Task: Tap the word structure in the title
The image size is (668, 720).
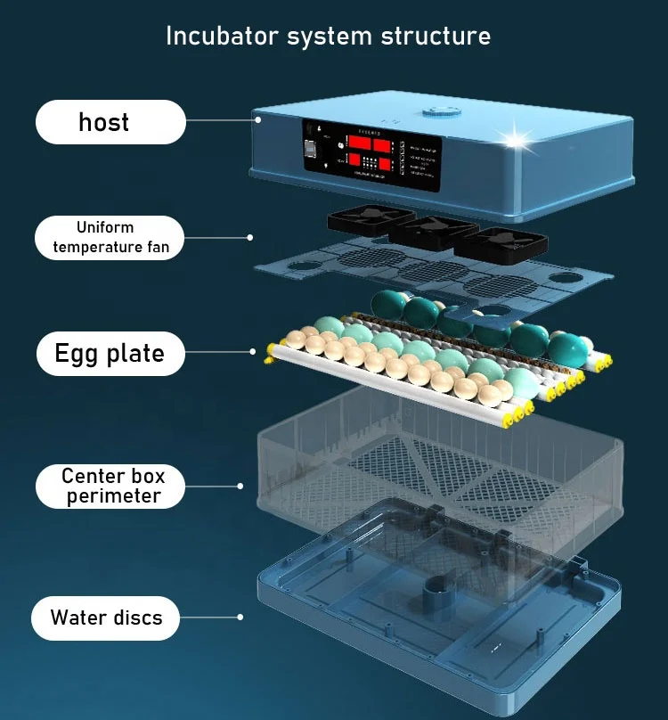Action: click(436, 37)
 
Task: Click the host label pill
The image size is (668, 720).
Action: click(110, 122)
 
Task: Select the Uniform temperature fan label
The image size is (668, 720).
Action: click(110, 237)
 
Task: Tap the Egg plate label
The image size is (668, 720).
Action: click(110, 354)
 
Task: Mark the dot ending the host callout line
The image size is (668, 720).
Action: click(257, 119)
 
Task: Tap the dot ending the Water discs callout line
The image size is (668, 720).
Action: click(240, 617)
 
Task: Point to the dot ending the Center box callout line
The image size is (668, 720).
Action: click(240, 486)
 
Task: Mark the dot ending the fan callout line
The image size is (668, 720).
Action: click(249, 237)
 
